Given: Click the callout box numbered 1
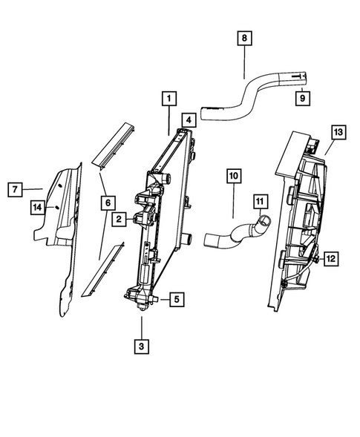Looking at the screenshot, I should (169, 98).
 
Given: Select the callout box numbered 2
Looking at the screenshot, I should (118, 219).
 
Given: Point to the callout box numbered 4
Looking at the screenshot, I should (189, 119).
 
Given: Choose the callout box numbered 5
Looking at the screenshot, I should (177, 300).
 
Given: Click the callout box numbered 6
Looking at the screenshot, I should (108, 202).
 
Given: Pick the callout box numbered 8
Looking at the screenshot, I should (244, 37).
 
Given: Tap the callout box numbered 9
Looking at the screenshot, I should (304, 97).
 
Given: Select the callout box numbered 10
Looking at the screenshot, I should (233, 176).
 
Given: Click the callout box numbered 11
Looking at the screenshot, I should (259, 200).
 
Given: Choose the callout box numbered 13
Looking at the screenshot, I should (338, 133).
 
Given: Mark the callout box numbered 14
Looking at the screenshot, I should (36, 207).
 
